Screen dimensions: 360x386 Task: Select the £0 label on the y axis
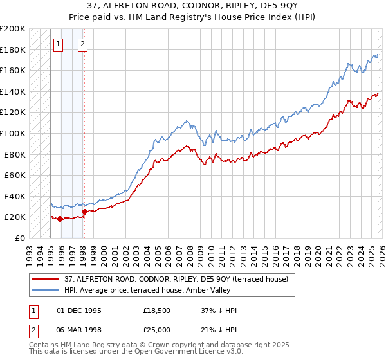pos(20,238)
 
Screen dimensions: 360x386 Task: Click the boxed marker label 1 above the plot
pos(59,44)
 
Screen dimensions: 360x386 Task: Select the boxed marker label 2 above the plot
pos(83,44)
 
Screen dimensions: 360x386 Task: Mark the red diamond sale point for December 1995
pos(60,219)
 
